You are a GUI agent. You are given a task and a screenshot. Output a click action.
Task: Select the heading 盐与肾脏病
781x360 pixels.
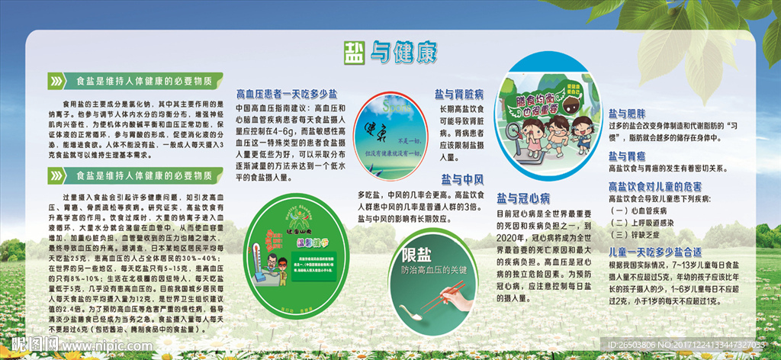click(458, 95)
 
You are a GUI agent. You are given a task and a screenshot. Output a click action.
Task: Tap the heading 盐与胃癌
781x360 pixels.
click(628, 156)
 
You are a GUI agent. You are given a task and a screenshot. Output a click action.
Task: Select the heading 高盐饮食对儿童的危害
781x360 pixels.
click(654, 185)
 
